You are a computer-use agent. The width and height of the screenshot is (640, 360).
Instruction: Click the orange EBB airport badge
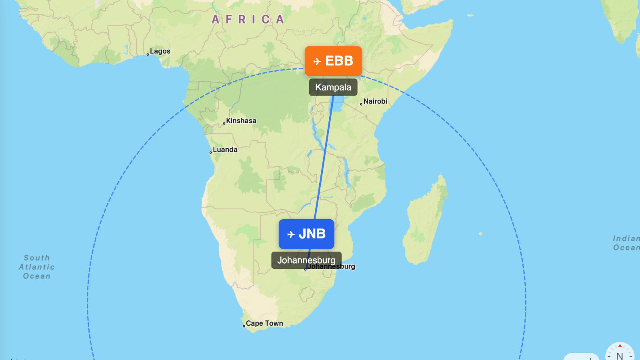(x=333, y=61)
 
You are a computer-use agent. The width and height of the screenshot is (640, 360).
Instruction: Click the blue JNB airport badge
(x=306, y=234)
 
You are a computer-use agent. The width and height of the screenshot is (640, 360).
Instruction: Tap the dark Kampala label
(x=333, y=87)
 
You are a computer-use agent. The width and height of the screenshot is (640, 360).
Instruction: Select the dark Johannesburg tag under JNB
(x=306, y=260)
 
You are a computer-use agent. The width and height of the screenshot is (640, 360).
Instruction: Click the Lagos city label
(x=160, y=51)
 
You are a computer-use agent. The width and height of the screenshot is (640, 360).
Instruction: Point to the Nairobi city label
(x=375, y=101)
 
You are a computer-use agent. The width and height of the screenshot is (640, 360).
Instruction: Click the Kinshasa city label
(x=241, y=121)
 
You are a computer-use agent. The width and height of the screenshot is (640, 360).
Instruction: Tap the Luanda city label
(x=225, y=150)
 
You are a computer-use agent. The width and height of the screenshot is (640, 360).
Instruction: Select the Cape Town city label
(x=264, y=323)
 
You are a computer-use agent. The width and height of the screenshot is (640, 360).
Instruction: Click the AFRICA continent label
(x=248, y=19)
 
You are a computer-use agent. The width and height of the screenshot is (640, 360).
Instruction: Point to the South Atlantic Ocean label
(x=36, y=267)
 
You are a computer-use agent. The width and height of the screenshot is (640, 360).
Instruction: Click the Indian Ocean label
(x=626, y=243)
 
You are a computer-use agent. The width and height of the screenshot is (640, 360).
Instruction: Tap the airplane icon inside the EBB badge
(x=317, y=61)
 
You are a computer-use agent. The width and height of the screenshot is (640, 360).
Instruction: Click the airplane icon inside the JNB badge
(x=291, y=234)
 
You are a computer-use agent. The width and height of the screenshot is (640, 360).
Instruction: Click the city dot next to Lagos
(x=148, y=54)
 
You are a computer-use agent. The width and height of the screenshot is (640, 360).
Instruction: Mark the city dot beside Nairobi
(x=361, y=104)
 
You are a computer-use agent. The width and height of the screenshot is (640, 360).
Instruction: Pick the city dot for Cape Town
(x=244, y=326)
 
